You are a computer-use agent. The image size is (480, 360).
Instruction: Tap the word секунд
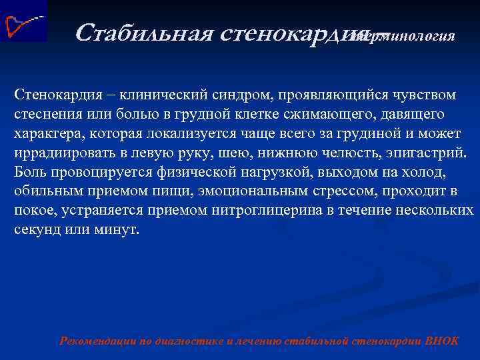point(33,230)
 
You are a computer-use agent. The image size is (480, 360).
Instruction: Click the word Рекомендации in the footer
point(97,341)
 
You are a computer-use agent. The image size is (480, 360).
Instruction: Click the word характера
point(43,133)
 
